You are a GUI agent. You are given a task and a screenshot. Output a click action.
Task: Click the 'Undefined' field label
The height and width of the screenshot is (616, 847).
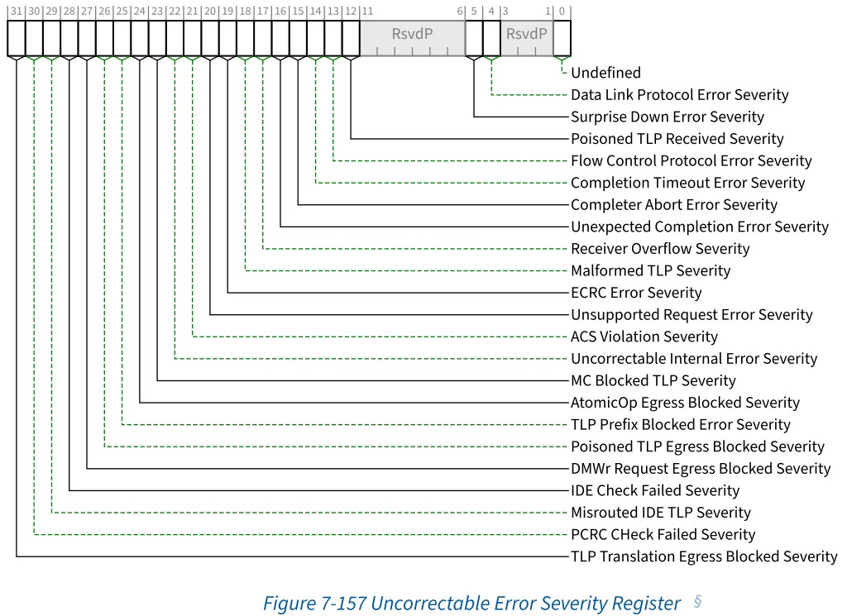pos(605,73)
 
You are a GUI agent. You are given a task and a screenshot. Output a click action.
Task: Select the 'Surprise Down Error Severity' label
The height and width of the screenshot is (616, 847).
pos(667,117)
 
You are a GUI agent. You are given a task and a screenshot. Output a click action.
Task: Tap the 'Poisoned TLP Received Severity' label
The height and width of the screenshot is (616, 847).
pos(677,139)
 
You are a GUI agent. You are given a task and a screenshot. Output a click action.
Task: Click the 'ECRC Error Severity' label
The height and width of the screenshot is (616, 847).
pos(635,293)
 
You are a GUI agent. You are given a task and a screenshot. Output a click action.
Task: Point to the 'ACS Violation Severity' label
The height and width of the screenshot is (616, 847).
pos(644,337)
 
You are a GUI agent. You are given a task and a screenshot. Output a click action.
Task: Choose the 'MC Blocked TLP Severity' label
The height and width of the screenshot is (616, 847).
pos(653,380)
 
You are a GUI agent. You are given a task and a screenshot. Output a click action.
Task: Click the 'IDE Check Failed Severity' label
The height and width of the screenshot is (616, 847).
pos(654,490)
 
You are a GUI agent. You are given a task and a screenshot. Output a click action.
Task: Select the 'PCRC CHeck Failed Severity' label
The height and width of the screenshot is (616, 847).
pos(663,534)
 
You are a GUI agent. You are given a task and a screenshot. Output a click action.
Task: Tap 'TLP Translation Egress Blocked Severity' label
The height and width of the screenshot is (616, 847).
pos(704,556)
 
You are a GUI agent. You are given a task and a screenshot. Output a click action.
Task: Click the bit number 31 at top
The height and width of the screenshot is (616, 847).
pos(17,12)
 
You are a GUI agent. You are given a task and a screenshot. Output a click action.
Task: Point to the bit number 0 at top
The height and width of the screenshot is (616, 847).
pos(562,12)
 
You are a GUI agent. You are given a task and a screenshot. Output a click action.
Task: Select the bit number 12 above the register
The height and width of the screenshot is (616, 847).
pos(351,12)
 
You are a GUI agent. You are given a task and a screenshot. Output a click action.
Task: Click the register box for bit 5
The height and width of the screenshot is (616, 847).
pos(474,38)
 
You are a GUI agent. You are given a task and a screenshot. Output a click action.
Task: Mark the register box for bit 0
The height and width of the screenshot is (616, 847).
pos(562,38)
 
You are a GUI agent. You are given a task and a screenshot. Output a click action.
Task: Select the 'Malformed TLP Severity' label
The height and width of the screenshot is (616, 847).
pos(650,270)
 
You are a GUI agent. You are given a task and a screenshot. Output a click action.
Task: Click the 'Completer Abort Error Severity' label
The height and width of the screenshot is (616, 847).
pos(674,204)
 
